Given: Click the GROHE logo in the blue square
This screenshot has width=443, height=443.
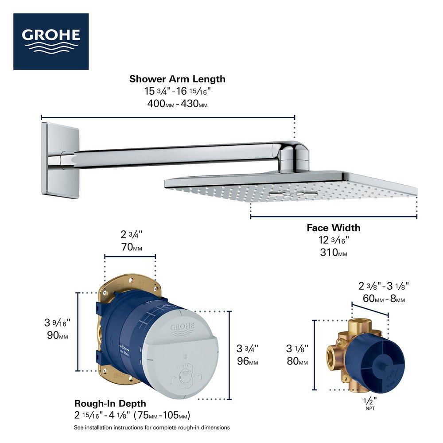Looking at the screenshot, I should click(51, 41).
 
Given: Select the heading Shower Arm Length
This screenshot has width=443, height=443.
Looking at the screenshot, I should click(177, 79).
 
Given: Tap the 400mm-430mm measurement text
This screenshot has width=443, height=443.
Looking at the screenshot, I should click(177, 105).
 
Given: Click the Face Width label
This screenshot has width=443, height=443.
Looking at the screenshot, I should click(334, 228).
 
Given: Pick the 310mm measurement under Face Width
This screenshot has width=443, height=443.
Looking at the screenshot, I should click(334, 253).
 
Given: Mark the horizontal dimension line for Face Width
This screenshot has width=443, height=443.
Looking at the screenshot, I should click(334, 217).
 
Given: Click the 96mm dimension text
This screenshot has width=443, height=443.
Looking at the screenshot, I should click(247, 361).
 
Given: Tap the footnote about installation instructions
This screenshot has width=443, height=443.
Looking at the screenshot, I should click(152, 427).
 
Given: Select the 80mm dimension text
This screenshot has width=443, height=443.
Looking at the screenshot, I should click(297, 361).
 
